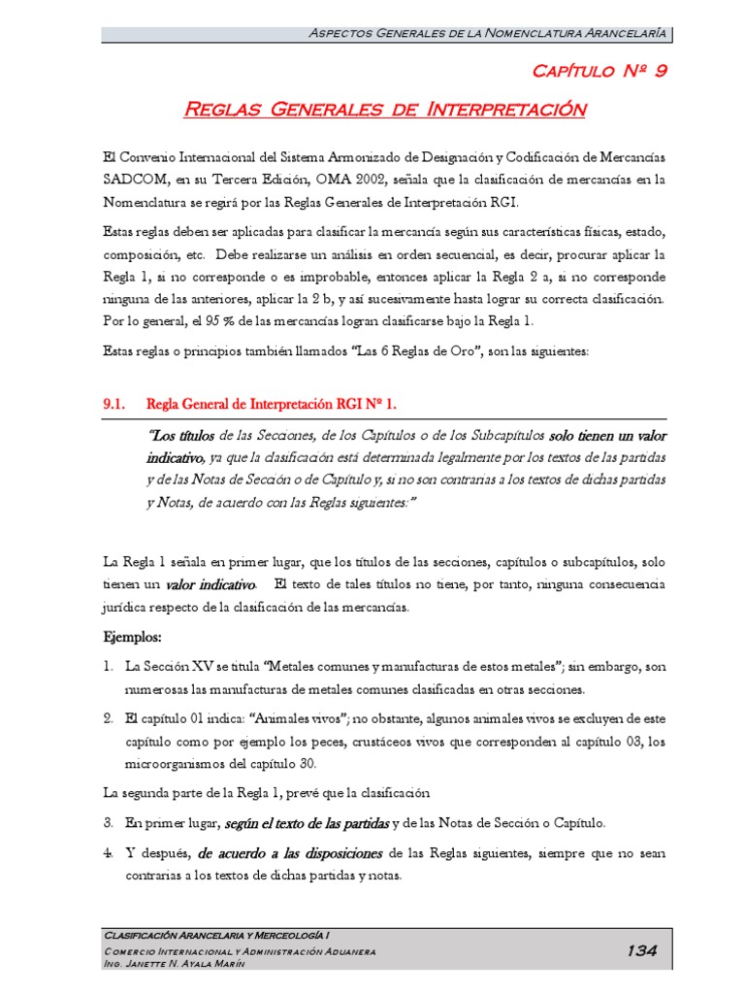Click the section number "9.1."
click(116, 403)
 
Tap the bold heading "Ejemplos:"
click(133, 639)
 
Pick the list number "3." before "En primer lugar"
click(109, 823)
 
